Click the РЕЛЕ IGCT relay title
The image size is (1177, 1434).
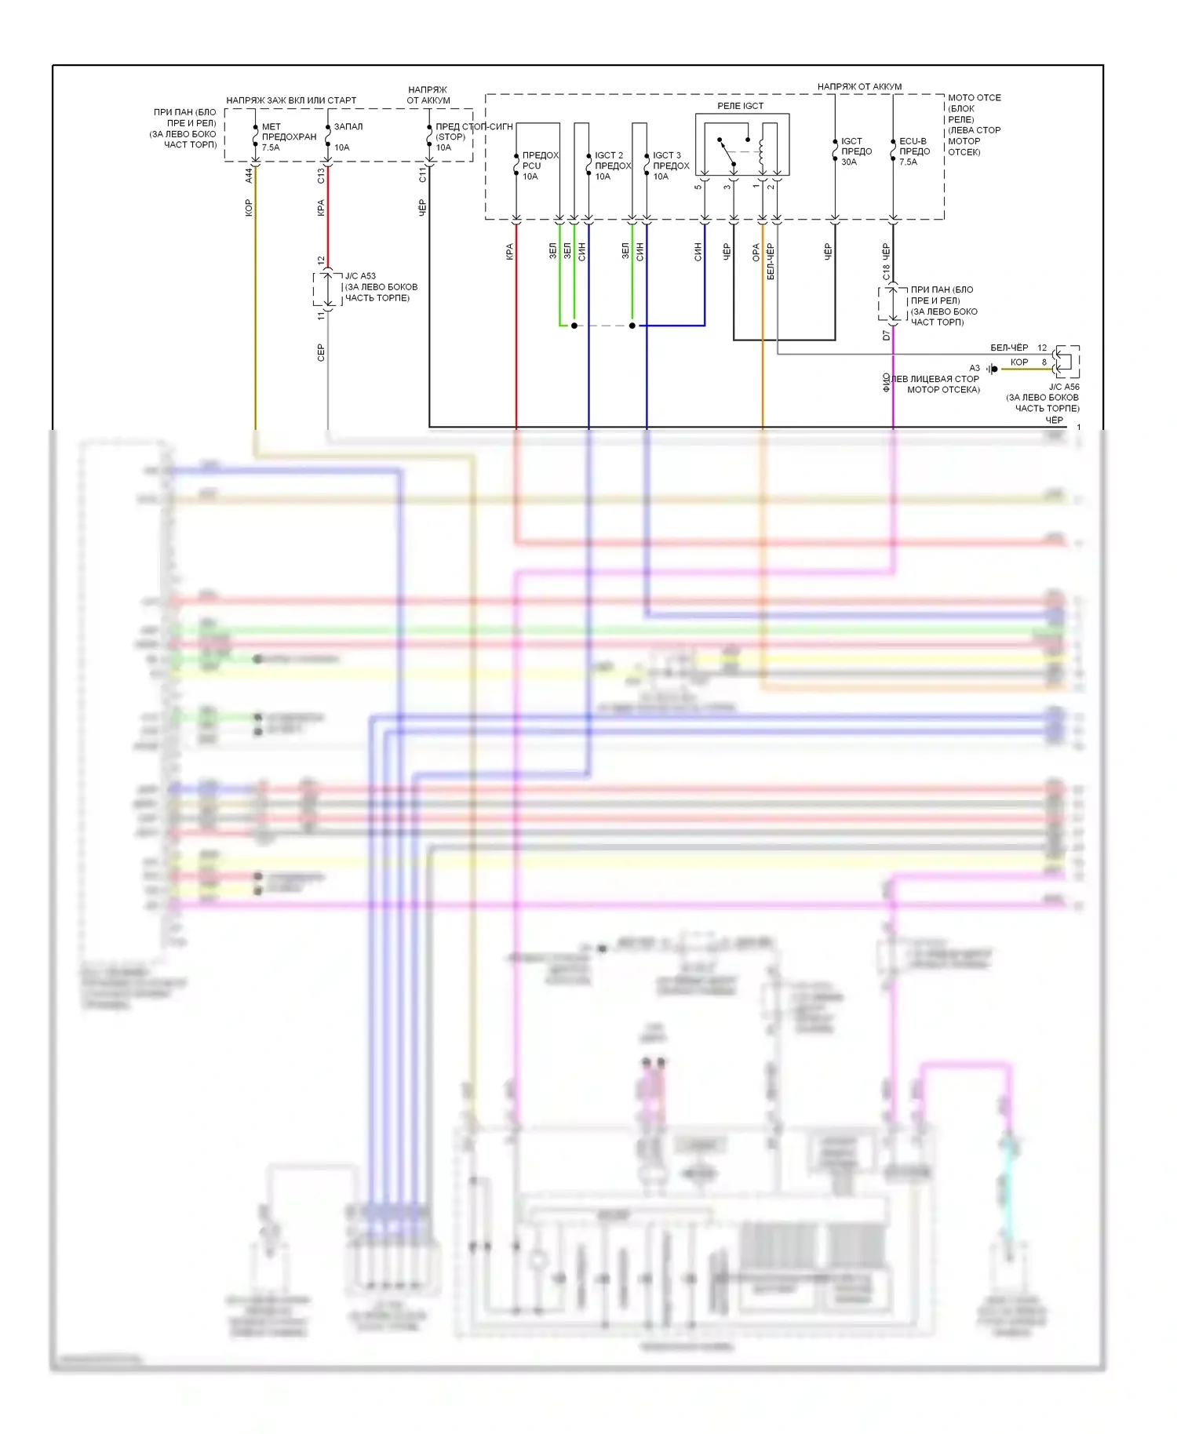tap(740, 106)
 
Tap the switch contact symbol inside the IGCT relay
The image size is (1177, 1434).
tap(727, 152)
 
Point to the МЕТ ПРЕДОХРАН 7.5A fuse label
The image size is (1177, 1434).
tap(288, 136)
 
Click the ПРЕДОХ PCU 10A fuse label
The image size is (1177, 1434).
tap(540, 166)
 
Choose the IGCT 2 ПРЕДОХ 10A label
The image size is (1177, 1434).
tap(612, 166)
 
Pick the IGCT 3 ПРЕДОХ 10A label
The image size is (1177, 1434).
tap(670, 166)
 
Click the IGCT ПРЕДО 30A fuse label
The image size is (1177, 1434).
tap(856, 151)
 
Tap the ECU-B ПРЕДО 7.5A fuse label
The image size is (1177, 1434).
tap(914, 151)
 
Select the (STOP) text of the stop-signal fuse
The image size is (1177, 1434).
tap(450, 137)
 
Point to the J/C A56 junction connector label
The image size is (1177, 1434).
tap(1064, 387)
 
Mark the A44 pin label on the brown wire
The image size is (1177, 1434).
tap(249, 176)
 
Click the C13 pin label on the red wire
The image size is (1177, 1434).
tap(321, 176)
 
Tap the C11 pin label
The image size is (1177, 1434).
tap(423, 176)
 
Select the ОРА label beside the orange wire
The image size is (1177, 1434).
tap(756, 252)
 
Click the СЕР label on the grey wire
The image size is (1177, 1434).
tap(321, 352)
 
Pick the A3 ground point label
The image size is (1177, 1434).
tap(974, 368)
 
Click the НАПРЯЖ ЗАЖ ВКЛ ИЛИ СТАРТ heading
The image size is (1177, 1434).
tap(291, 100)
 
